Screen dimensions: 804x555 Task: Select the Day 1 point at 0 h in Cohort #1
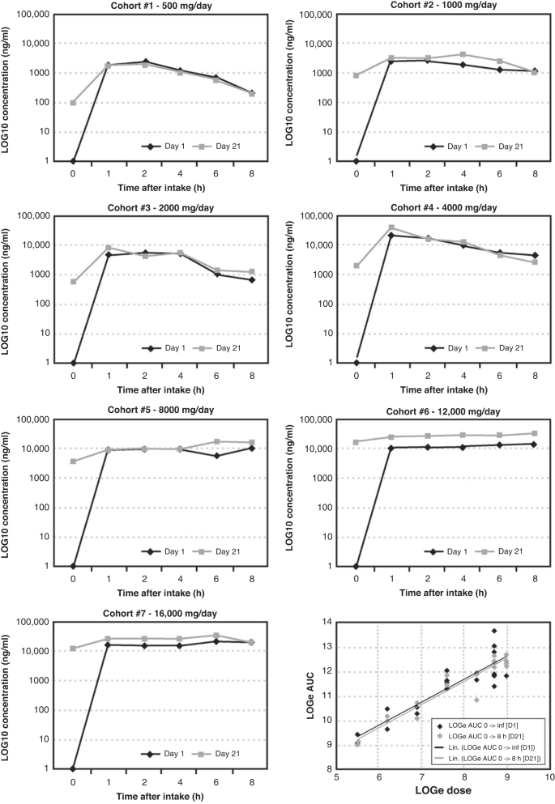[73, 160]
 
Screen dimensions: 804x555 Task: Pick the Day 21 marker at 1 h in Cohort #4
[391, 228]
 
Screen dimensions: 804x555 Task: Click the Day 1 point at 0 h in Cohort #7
[73, 768]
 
